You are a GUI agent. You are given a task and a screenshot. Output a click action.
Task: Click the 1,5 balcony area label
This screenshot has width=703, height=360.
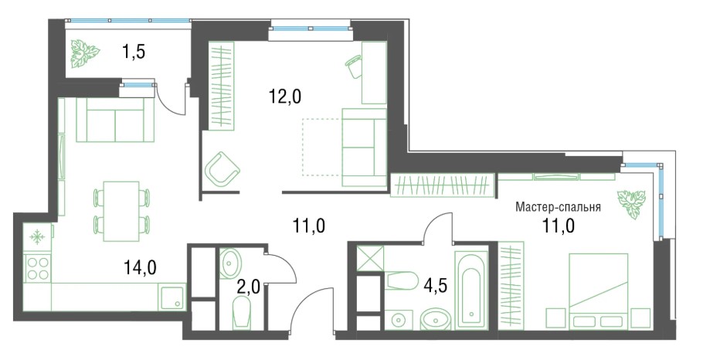pos(133,52)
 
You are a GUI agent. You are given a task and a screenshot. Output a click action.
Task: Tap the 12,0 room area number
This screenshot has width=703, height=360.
pos(285,96)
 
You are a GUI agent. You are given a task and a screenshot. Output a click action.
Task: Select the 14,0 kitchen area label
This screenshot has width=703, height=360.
pos(140,267)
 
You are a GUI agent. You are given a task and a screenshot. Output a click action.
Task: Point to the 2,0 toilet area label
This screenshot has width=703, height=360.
pos(249,287)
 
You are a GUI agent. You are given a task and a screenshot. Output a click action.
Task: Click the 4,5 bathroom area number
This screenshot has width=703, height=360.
pos(435,284)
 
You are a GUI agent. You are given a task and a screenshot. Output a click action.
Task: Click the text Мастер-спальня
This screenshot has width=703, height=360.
pos(558,207)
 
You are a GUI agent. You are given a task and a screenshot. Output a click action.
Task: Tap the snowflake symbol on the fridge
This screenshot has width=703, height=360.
pos(36,238)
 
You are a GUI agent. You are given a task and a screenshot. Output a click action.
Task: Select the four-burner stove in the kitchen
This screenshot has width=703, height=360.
pos(38,268)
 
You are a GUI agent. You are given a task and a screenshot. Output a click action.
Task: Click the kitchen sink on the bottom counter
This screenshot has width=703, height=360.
pos(171,297)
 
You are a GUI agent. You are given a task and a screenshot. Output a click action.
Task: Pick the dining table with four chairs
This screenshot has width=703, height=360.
pos(121,211)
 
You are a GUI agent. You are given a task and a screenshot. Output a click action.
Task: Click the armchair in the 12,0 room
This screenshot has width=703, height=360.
pos(222,168)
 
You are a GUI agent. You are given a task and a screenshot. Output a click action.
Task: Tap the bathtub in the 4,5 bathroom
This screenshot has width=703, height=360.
pos(470,290)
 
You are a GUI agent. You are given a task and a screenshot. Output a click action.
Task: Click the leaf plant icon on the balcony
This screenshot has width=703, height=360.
pos(85,53)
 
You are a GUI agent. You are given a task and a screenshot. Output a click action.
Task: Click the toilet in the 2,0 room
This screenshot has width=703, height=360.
pos(242,314)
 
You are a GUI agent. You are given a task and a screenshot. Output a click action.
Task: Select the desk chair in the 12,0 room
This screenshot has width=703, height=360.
pos(354,66)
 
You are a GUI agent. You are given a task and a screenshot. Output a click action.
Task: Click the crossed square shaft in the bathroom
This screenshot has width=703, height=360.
pos(370,259)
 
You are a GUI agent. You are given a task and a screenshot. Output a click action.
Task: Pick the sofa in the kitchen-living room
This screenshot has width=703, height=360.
pos(116,121)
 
